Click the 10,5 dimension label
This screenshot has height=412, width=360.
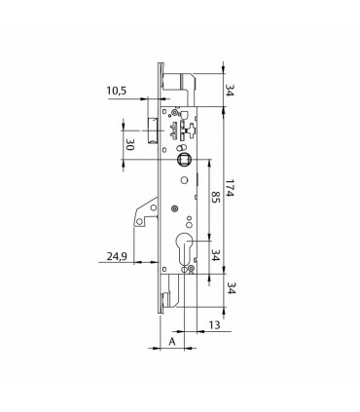click(117, 91)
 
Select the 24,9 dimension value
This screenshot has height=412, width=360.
click(117, 257)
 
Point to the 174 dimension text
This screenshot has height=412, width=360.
click(230, 188)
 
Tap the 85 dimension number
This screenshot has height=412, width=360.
click(216, 197)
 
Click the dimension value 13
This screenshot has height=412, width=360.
click(214, 324)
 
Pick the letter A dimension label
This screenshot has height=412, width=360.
click(172, 342)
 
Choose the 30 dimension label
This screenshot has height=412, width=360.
click(129, 144)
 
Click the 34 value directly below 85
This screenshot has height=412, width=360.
click(216, 255)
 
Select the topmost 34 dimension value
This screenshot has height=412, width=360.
click(230, 91)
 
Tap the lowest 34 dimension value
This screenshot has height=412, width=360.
click(230, 287)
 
